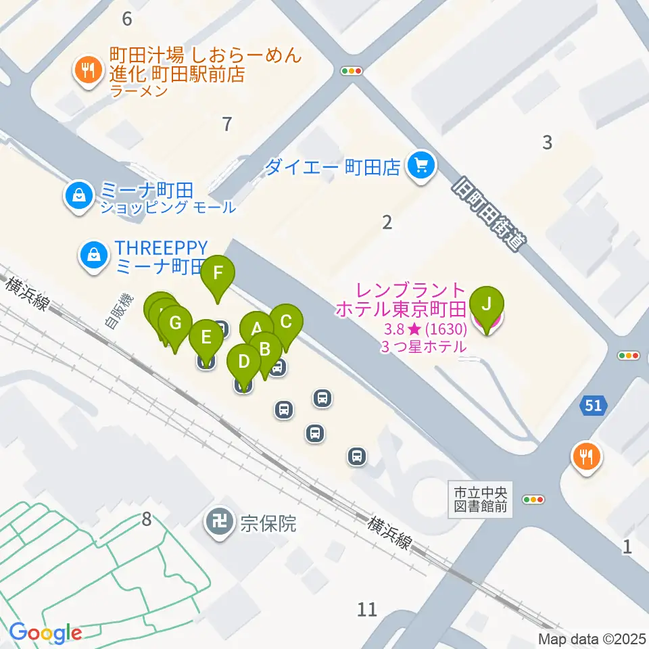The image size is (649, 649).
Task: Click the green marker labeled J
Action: (x=487, y=304)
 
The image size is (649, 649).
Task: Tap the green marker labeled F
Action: (x=218, y=274)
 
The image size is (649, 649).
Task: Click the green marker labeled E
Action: (x=206, y=337)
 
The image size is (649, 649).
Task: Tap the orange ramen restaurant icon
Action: (x=87, y=68)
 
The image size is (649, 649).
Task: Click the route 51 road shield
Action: (x=593, y=406)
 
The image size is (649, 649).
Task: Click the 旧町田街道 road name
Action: (x=491, y=210)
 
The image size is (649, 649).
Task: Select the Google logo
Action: (x=45, y=633)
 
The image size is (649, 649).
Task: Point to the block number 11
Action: (x=367, y=610)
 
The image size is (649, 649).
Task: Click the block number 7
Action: (x=227, y=124)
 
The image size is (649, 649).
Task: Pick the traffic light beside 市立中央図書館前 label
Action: (x=533, y=500)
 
